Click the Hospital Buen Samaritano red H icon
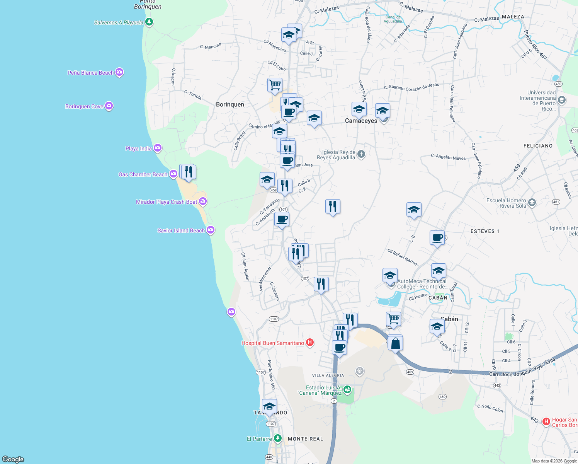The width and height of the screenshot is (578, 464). (309, 343)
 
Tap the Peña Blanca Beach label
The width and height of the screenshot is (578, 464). (90, 73)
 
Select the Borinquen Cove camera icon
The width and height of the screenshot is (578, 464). (109, 106)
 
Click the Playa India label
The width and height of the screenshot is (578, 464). (138, 148)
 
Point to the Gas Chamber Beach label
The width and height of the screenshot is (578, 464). (143, 174)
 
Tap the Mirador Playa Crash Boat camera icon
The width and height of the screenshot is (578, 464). (203, 201)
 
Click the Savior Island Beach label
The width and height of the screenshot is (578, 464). (181, 230)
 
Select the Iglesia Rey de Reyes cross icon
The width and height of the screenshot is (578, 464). (361, 155)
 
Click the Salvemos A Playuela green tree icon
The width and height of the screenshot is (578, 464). (149, 22)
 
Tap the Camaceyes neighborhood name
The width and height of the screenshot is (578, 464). (361, 121)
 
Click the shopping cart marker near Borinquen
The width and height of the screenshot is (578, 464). (275, 85)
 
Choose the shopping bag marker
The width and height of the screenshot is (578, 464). (395, 343)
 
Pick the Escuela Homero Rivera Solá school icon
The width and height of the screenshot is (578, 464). (532, 203)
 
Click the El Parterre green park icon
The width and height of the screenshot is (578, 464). (278, 438)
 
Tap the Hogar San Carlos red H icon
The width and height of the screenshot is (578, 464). (546, 421)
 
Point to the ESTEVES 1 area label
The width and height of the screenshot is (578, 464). (484, 231)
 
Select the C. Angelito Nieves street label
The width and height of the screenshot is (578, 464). (448, 157)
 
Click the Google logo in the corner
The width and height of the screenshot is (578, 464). (13, 459)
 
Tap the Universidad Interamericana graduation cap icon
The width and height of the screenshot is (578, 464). (562, 100)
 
